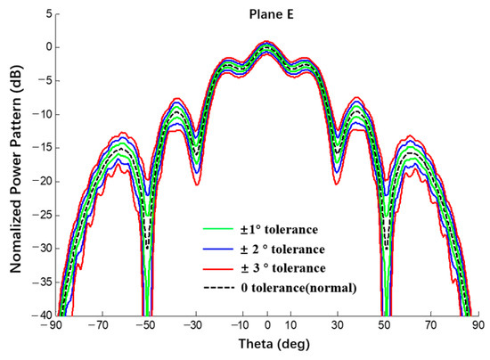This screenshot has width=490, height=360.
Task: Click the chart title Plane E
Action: [x=266, y=15]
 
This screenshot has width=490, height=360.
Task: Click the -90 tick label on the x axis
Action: [x=55, y=327]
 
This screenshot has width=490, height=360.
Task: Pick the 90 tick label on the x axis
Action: [x=478, y=327]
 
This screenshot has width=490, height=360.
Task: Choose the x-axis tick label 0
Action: [x=266, y=327]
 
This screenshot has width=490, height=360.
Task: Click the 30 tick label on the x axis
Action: [x=338, y=327]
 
